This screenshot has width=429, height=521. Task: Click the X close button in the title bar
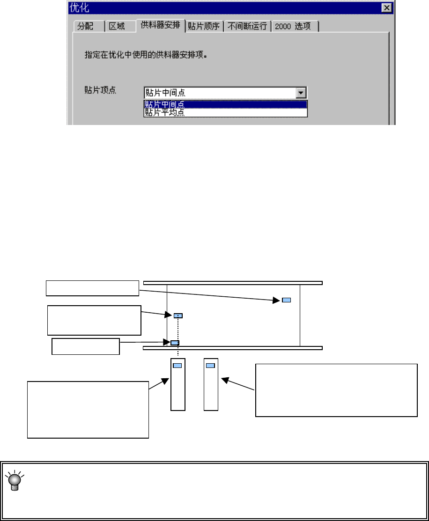(x=386, y=8)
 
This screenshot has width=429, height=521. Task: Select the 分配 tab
(x=85, y=26)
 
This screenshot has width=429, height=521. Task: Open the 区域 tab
(x=117, y=26)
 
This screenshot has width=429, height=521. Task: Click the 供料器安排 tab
(x=160, y=25)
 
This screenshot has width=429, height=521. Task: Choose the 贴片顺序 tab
(x=204, y=26)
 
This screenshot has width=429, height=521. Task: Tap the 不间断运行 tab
(x=247, y=26)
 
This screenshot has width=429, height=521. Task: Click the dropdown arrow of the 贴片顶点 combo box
(x=302, y=93)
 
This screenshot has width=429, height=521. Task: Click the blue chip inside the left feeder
(x=178, y=366)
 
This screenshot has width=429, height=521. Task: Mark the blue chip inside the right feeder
(x=211, y=366)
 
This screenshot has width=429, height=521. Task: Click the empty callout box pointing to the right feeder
(x=336, y=389)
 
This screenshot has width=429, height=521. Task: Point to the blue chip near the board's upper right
(x=286, y=300)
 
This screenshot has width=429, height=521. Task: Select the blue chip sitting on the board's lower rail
(x=174, y=343)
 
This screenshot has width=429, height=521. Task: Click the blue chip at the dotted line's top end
(x=178, y=316)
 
